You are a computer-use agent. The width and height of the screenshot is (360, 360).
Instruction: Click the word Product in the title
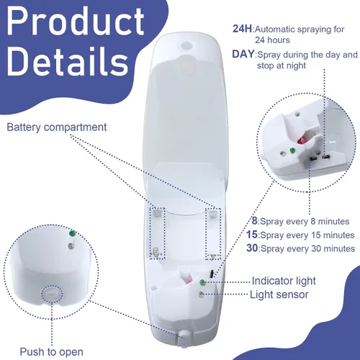(76, 22)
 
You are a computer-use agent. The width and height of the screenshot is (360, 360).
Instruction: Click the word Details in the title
(68, 60)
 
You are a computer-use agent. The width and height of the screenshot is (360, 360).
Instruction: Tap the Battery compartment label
(57, 127)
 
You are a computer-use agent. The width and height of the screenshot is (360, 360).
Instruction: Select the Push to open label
(52, 352)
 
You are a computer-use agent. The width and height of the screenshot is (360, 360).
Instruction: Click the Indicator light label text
(284, 281)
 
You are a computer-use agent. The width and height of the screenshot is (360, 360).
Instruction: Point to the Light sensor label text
(279, 294)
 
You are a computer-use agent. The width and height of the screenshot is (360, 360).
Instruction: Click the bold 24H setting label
(243, 29)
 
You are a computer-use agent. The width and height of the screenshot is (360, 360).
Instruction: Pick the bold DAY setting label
(243, 54)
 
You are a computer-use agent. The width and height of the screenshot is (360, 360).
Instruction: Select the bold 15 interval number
(252, 235)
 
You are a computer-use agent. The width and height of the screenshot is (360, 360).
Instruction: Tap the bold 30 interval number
(252, 248)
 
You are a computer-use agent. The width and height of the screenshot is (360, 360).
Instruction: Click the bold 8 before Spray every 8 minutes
(254, 221)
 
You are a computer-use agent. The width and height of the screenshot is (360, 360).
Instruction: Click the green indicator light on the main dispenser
(202, 282)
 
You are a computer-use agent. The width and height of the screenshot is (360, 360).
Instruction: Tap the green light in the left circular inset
(72, 233)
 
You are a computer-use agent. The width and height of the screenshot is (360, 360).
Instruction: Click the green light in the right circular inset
(292, 150)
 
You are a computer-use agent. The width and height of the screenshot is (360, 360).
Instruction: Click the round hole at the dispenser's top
(186, 45)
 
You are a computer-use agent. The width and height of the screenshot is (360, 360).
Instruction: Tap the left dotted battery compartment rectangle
(157, 233)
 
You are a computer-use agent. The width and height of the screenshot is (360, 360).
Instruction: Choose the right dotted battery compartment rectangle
(213, 233)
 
